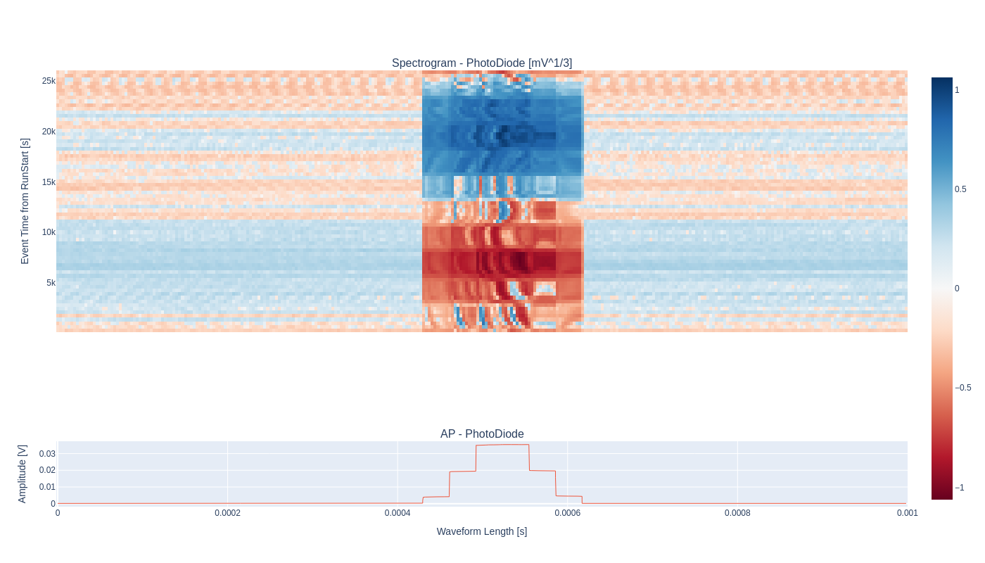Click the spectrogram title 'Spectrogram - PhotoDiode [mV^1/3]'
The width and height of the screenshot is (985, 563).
(x=482, y=63)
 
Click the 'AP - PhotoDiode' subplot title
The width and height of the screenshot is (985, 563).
(x=482, y=434)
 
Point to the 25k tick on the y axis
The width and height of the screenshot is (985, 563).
(x=49, y=81)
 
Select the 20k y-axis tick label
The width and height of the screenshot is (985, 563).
(x=49, y=132)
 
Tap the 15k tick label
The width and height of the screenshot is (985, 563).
(x=49, y=182)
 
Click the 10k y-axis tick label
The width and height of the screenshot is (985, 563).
(x=49, y=232)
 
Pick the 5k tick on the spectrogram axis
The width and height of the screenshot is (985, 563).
(x=51, y=283)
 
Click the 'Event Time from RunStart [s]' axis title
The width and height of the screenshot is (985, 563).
(x=25, y=201)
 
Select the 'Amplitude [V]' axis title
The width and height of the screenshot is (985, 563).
(x=22, y=474)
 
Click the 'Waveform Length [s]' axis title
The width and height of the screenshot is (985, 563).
(x=482, y=531)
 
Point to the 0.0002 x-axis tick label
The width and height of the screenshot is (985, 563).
(x=227, y=513)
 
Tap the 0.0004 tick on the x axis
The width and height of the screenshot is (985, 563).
(x=398, y=513)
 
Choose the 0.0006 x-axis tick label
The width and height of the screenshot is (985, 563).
(x=567, y=513)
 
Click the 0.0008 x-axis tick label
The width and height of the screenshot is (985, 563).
(x=737, y=513)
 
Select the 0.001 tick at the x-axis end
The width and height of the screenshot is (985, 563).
(x=907, y=513)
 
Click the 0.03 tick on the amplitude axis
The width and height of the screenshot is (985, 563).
(x=47, y=454)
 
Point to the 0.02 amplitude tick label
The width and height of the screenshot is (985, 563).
(x=47, y=470)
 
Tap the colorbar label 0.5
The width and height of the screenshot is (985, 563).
(x=960, y=189)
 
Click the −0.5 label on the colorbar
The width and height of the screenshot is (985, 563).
(x=962, y=388)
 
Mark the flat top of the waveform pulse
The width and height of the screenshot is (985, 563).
(x=502, y=445)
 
